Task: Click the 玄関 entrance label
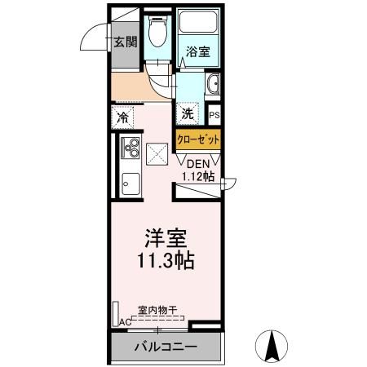point(125,42)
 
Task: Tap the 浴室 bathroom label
point(197,51)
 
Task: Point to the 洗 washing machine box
point(188,113)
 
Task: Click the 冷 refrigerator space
point(122,116)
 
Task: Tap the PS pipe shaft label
point(214,115)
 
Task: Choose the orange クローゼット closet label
point(198,139)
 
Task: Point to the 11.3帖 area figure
point(167,263)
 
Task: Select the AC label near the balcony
point(125,323)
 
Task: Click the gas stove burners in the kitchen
point(129,148)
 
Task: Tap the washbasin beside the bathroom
point(214,84)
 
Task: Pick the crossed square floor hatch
point(157,151)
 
